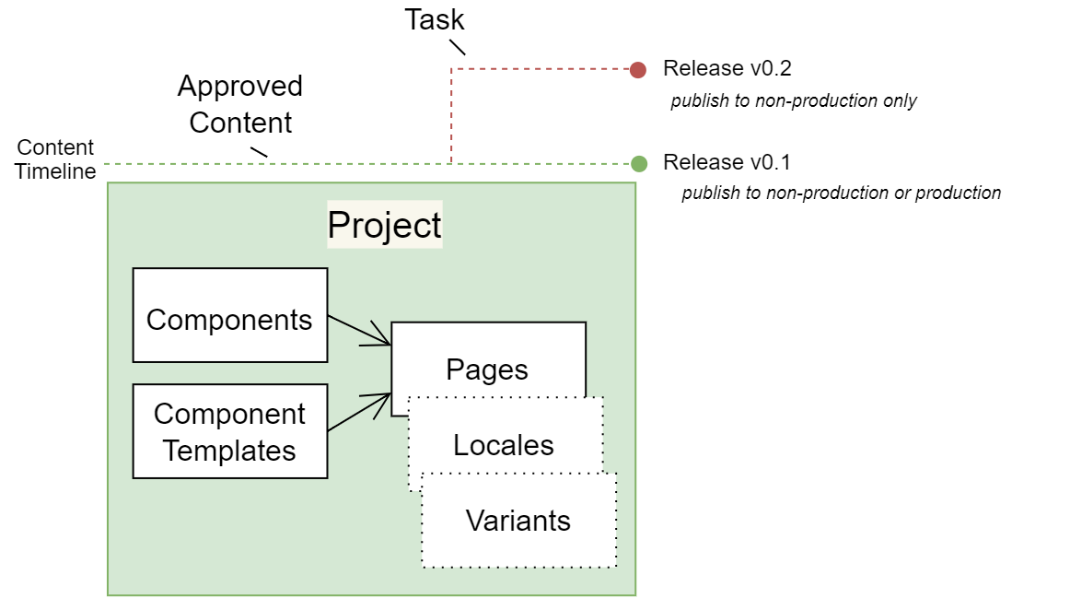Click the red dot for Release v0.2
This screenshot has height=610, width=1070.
(x=638, y=69)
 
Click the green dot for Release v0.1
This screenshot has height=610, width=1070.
(x=639, y=163)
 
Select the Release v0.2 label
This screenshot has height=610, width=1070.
(x=727, y=69)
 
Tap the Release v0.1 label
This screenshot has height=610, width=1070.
(x=727, y=163)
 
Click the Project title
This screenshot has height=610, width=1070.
(x=385, y=225)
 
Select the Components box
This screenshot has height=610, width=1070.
(x=230, y=315)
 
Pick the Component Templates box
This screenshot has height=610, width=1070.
(x=230, y=431)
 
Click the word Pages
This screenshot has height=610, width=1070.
(x=487, y=370)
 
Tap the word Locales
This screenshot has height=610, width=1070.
(x=504, y=445)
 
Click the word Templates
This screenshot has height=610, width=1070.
(x=230, y=451)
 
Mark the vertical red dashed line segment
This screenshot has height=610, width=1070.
(x=451, y=115)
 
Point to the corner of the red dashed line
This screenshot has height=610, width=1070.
(x=451, y=68)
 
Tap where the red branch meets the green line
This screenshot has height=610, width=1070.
(x=451, y=163)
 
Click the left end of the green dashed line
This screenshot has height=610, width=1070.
(x=107, y=163)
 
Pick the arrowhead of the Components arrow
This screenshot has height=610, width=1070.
(x=385, y=341)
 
